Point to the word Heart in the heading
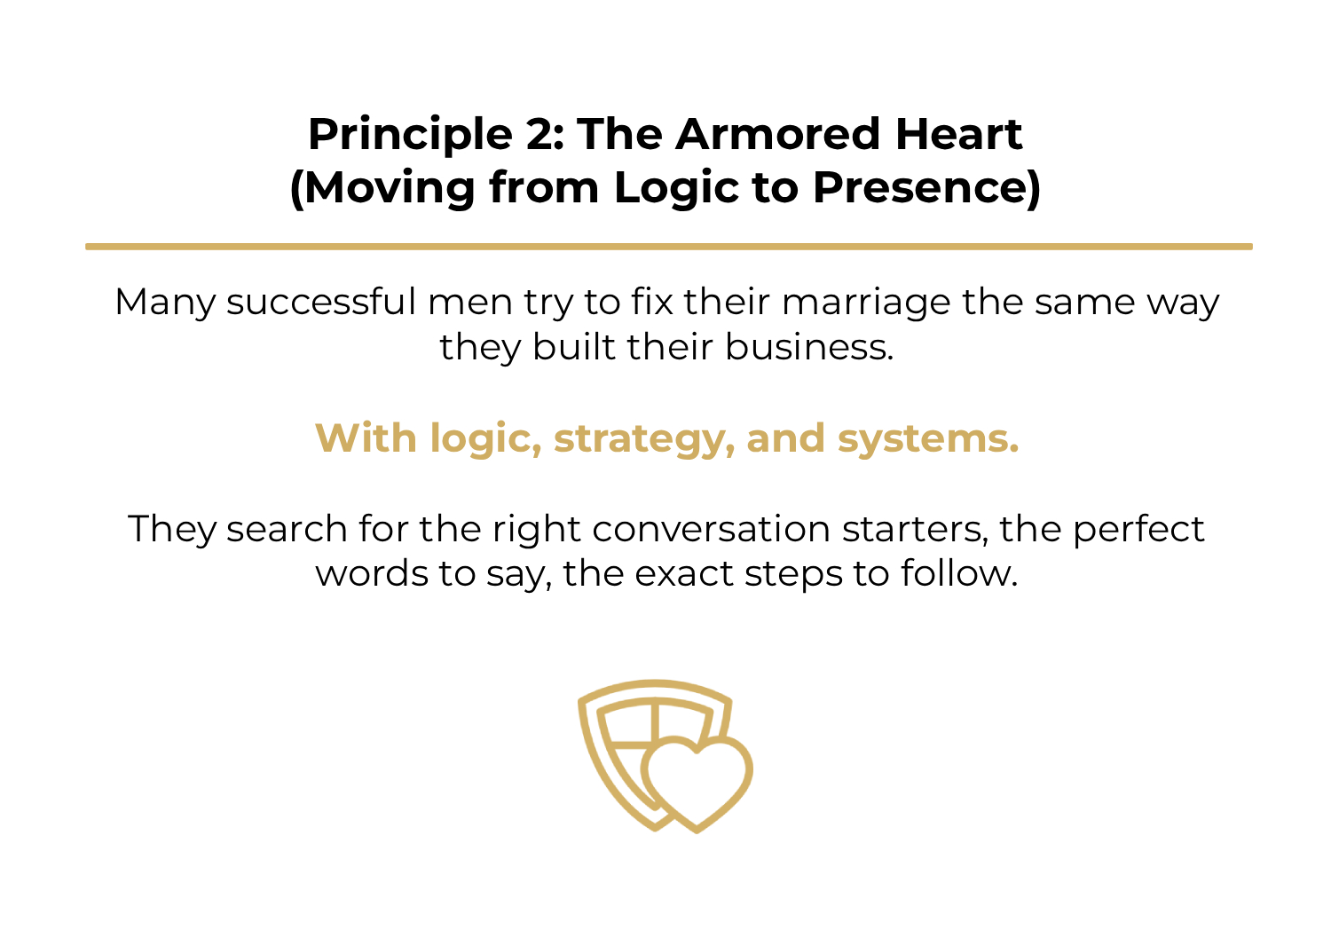point(958,135)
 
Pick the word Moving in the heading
point(386,188)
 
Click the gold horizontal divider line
point(668,247)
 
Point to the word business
point(808,346)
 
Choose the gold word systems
point(928,439)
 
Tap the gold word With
point(366,438)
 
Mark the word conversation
point(712,529)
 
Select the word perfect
point(1138,529)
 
